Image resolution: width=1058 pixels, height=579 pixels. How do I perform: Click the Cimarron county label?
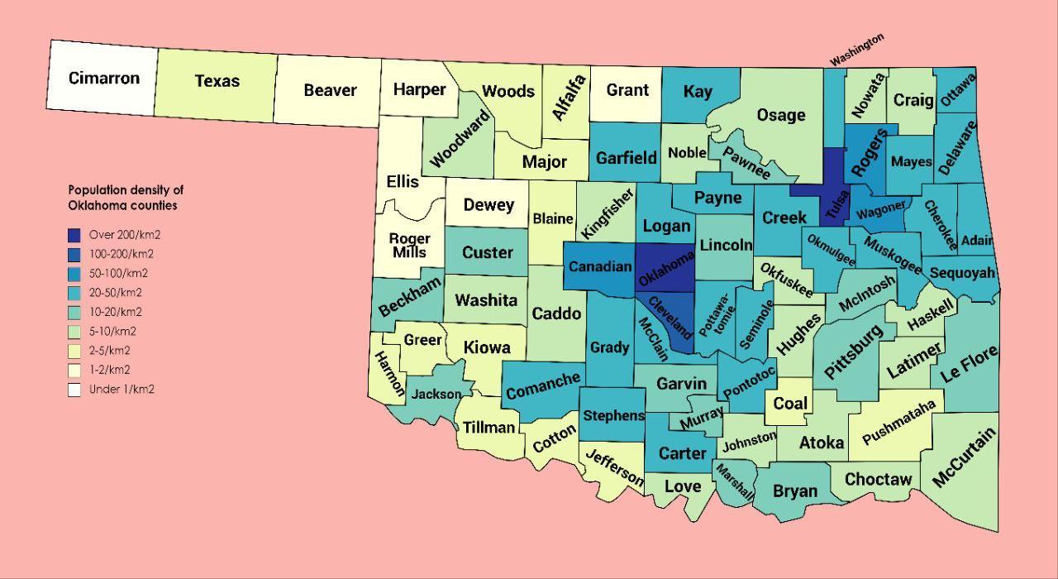[x=104, y=79]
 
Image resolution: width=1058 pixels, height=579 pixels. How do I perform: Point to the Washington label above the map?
[x=857, y=50]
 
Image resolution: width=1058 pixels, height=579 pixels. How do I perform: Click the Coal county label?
[x=790, y=404]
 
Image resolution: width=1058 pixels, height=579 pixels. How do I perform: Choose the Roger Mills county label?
[x=409, y=246]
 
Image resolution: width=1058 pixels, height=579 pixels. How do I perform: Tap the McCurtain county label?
[x=964, y=457]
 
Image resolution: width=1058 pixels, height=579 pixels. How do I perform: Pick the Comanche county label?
[x=543, y=385]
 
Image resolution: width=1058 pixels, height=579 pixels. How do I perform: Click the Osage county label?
[x=781, y=115]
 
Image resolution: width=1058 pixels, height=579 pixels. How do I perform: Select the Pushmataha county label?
[x=898, y=422]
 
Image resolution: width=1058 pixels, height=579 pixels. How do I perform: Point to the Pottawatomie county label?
[x=715, y=314]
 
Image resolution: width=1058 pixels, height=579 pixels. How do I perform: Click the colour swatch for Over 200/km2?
[x=74, y=235]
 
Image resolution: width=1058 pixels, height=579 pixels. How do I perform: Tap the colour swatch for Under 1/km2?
[x=74, y=390]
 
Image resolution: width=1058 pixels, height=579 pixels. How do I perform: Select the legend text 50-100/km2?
[x=118, y=274]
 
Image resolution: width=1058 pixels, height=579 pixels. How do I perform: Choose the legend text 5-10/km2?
[x=112, y=332]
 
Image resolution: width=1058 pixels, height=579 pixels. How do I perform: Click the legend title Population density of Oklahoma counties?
[x=126, y=198]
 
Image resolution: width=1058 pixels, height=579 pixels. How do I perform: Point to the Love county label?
[x=683, y=486]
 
